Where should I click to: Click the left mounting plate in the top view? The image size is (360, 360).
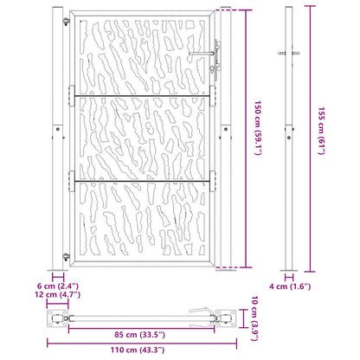(x=58, y=320)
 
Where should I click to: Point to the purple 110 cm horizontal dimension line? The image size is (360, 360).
(x=138, y=343)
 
